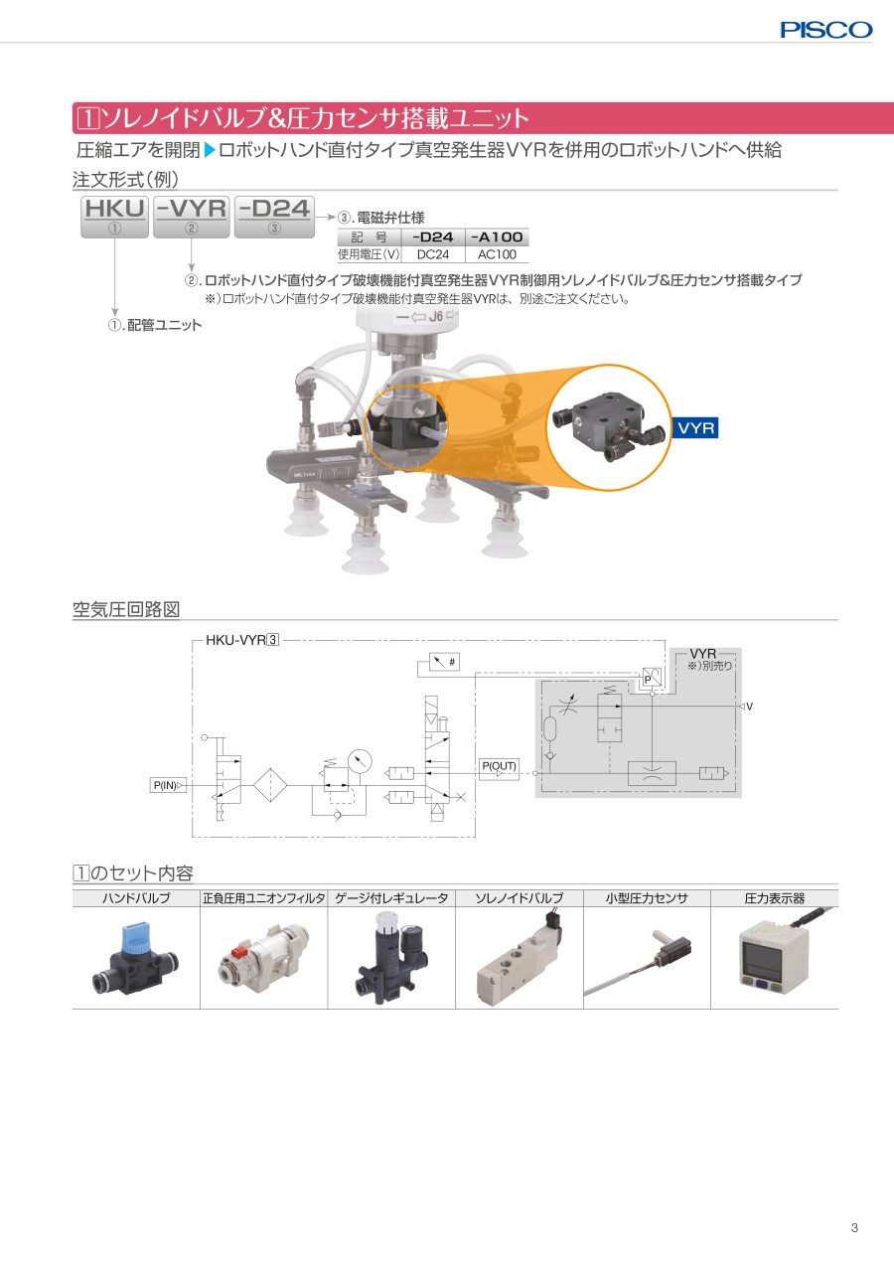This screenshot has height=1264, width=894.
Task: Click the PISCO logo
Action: pos(826,30)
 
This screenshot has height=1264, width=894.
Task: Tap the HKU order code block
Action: pos(114,217)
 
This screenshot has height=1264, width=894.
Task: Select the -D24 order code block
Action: pos(274,217)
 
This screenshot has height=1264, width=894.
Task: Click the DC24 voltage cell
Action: pos(433,254)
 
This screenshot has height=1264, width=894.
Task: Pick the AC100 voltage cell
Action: pos(497,254)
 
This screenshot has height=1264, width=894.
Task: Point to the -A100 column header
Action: pos(497,237)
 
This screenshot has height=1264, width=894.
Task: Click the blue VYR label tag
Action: pos(696,427)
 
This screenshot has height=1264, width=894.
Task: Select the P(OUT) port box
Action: pos(499,768)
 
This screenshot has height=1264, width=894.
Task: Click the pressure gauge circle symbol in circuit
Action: pos(361,760)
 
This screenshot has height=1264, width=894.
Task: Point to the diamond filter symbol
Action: pos(270,785)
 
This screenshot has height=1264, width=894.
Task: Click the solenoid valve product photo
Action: pos(520,958)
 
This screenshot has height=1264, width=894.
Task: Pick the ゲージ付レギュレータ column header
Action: pos(391,898)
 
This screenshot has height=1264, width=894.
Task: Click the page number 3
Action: pos(854,1228)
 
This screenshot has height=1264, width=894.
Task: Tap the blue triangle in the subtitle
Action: pos(210,150)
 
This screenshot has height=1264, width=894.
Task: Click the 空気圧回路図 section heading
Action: pos(126,609)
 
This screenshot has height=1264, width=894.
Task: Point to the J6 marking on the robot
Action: pos(435,316)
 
